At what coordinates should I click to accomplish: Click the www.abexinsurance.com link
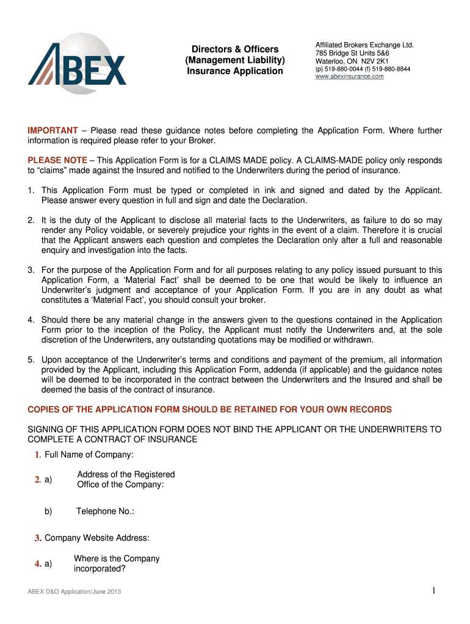[x=349, y=77]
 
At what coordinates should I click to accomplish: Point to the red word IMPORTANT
[x=52, y=131]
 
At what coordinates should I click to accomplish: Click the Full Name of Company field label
[x=89, y=455]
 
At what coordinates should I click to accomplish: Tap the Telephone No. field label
[x=104, y=511]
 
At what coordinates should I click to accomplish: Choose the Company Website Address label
[x=97, y=538]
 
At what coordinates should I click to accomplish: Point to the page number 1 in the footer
[x=433, y=590]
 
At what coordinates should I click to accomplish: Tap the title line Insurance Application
[x=235, y=71]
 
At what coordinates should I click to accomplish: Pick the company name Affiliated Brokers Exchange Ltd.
[x=364, y=45]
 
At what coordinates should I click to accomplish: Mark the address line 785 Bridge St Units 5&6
[x=352, y=53]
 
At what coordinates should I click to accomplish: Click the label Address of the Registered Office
[x=125, y=480]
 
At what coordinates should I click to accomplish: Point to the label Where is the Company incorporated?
[x=116, y=564]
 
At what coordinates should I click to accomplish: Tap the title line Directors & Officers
[x=235, y=49]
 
